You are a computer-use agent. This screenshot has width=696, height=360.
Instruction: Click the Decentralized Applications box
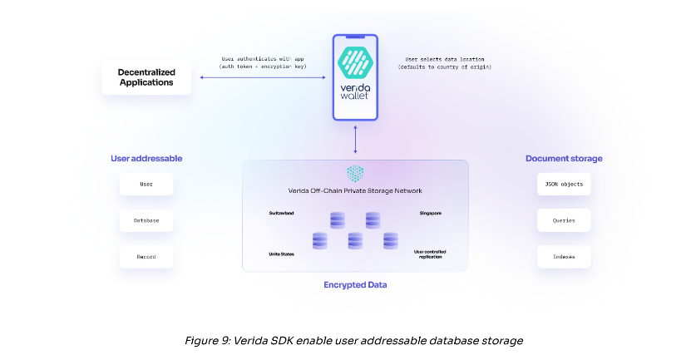click(146, 77)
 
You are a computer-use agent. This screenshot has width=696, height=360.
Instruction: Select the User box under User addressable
click(146, 184)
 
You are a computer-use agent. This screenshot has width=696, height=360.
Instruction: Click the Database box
click(146, 220)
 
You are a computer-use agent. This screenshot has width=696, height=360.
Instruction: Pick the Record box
click(146, 257)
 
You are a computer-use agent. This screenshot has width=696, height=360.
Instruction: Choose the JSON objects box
click(564, 184)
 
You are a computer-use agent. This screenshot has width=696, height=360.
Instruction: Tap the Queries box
click(564, 220)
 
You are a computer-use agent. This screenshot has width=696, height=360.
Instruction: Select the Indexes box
click(564, 257)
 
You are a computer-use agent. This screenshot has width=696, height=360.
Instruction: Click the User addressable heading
click(146, 158)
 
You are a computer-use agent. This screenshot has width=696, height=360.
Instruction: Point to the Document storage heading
click(564, 158)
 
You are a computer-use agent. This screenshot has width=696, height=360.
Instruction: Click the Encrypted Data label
click(355, 285)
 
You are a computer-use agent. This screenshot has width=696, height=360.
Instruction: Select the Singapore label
click(429, 214)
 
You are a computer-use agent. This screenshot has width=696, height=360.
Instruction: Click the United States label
click(282, 254)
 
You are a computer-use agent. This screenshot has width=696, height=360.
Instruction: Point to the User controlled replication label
click(429, 254)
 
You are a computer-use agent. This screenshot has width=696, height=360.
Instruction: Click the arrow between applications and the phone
click(263, 77)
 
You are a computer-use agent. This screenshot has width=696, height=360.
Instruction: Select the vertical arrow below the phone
click(355, 140)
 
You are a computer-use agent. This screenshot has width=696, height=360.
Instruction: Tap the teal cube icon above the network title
click(355, 173)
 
